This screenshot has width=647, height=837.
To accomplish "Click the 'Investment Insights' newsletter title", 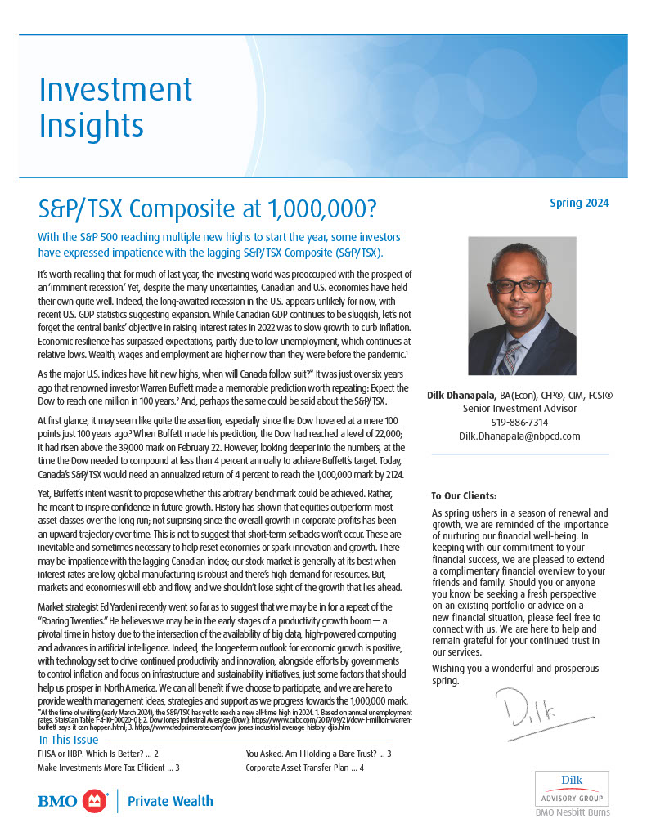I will [x=115, y=107].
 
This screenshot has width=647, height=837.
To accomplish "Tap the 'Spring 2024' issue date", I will [x=578, y=204].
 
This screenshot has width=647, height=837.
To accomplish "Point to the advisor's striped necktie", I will [x=512, y=356].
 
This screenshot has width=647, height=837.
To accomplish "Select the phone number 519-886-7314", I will [x=519, y=422].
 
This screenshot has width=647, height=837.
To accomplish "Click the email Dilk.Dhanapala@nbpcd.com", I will [x=519, y=436].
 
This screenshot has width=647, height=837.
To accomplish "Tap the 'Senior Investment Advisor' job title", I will [x=519, y=408].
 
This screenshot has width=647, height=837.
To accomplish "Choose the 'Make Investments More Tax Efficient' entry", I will [x=109, y=768].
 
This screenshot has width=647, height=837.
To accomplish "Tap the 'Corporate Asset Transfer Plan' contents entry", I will [x=304, y=768].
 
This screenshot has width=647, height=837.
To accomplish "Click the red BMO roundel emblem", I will [x=97, y=801].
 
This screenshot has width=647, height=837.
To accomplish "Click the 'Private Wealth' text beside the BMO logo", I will [x=170, y=801].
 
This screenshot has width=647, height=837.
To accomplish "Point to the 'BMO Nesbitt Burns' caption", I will [x=572, y=812].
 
